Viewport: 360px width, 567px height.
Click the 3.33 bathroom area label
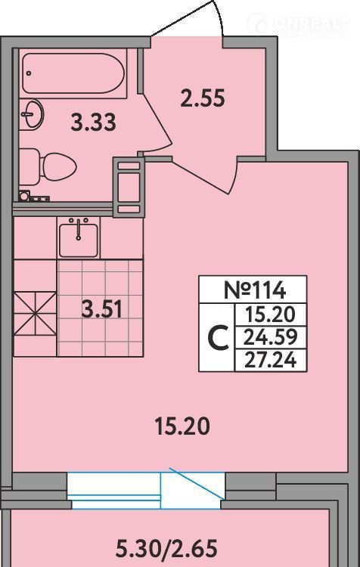click(x=93, y=122)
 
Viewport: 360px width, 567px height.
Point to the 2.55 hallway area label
click(x=203, y=98)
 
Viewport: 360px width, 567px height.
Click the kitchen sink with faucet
click(x=79, y=237)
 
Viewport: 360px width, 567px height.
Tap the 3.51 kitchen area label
click(x=101, y=309)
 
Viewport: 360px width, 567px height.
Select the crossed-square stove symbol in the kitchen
click(x=35, y=314)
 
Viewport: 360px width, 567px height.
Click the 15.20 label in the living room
click(x=182, y=426)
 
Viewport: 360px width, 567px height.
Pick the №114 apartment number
click(x=255, y=290)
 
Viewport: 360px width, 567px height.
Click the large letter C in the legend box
click(x=218, y=338)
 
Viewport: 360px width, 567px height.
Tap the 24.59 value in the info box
click(x=270, y=337)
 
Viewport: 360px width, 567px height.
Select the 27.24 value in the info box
click(x=270, y=360)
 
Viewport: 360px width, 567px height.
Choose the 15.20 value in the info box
click(x=270, y=315)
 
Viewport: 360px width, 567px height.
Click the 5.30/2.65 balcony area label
click(x=166, y=549)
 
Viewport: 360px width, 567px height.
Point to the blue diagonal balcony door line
click(x=195, y=484)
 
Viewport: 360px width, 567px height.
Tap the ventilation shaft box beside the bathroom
click(x=129, y=187)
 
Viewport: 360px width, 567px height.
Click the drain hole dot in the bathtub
click(x=29, y=73)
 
